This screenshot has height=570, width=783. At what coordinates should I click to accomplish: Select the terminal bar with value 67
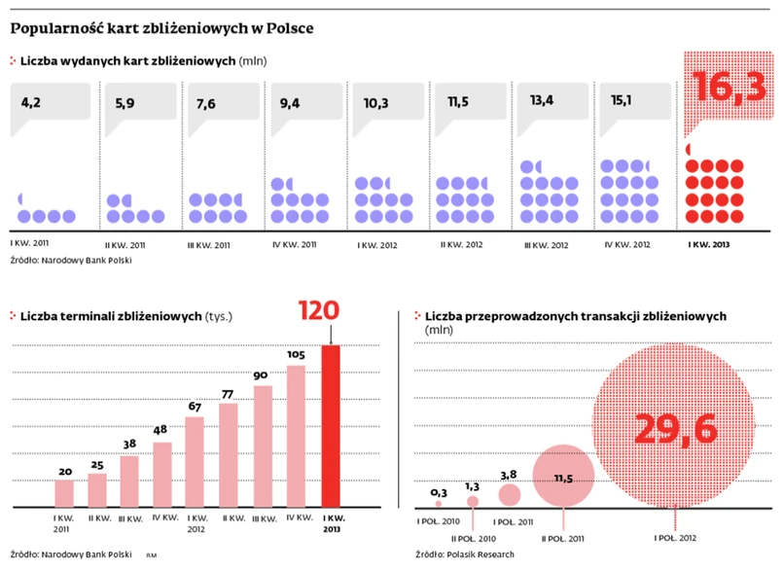click(196, 461)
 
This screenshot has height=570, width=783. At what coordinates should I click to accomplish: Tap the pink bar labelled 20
click(65, 493)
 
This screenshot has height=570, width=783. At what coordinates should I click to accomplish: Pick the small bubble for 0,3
click(439, 504)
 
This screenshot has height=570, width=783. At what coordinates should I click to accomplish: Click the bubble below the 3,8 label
click(509, 495)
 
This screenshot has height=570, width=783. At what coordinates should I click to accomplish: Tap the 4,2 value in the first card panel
click(32, 101)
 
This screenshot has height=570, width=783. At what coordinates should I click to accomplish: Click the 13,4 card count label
click(542, 101)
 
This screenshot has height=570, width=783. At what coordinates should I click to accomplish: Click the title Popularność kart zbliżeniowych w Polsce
click(161, 28)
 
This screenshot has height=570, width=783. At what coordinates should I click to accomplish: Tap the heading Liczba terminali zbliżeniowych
click(111, 316)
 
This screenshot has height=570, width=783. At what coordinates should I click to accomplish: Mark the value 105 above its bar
click(297, 355)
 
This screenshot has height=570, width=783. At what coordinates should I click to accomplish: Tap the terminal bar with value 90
click(263, 446)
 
